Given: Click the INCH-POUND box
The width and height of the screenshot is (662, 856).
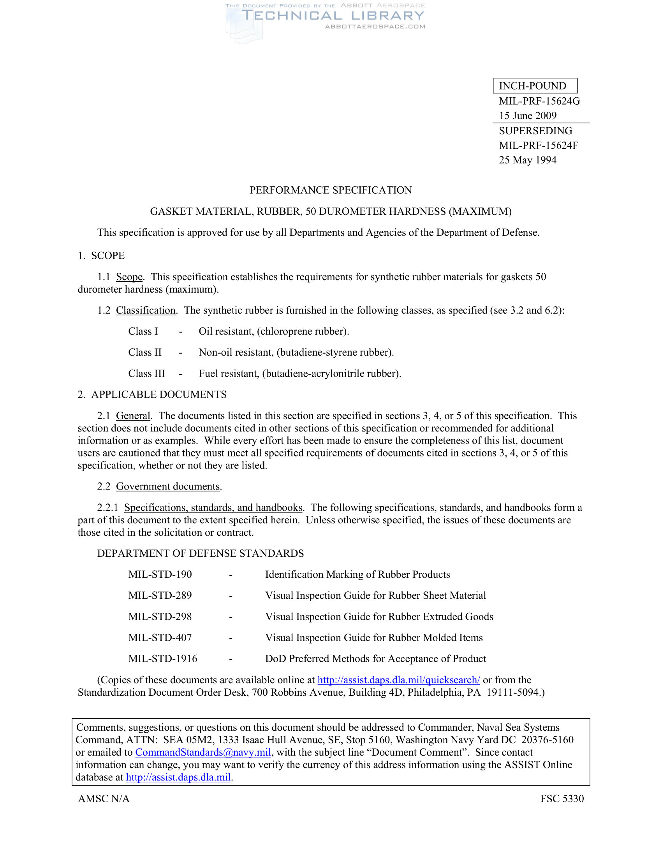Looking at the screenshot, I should (535, 86).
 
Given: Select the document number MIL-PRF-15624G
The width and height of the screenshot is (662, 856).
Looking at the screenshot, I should (539, 101).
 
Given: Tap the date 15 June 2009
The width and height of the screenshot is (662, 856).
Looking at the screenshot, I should (528, 116).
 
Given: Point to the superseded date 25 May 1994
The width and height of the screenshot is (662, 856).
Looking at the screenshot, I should (528, 160).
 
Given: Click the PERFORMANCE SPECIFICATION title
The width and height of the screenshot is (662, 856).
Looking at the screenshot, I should (331, 190).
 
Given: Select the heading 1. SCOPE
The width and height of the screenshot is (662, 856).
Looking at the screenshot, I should (101, 256).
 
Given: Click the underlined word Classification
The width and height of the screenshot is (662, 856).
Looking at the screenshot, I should (146, 310).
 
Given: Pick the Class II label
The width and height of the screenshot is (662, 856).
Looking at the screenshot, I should (145, 353).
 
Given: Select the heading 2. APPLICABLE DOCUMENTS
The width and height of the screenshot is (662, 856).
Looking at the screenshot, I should (152, 394).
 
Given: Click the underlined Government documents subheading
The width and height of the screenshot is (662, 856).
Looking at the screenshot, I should (167, 486).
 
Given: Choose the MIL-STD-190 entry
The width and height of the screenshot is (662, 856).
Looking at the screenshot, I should (160, 575).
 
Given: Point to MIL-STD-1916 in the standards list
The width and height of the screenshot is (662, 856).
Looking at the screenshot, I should (163, 659).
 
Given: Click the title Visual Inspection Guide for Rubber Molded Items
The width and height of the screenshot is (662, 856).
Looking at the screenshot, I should (374, 638).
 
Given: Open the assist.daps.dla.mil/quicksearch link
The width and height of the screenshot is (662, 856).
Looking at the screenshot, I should (398, 680).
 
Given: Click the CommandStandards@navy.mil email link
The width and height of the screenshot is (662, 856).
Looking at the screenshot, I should (203, 753).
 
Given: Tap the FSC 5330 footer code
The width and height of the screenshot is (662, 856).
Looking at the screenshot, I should (562, 799).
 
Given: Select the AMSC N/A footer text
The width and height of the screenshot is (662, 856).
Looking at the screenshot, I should (104, 799).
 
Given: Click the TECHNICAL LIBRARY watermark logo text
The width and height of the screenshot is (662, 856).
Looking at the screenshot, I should (333, 16).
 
